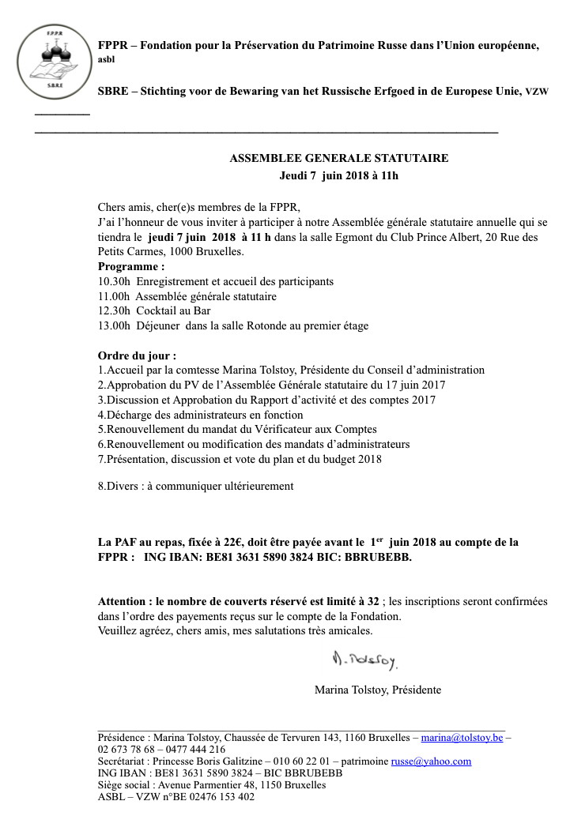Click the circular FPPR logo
point(51,58)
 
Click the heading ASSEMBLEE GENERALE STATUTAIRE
point(338,158)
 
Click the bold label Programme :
point(130,267)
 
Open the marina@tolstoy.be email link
point(462,738)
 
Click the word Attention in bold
point(125,601)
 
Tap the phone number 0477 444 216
point(195,750)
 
